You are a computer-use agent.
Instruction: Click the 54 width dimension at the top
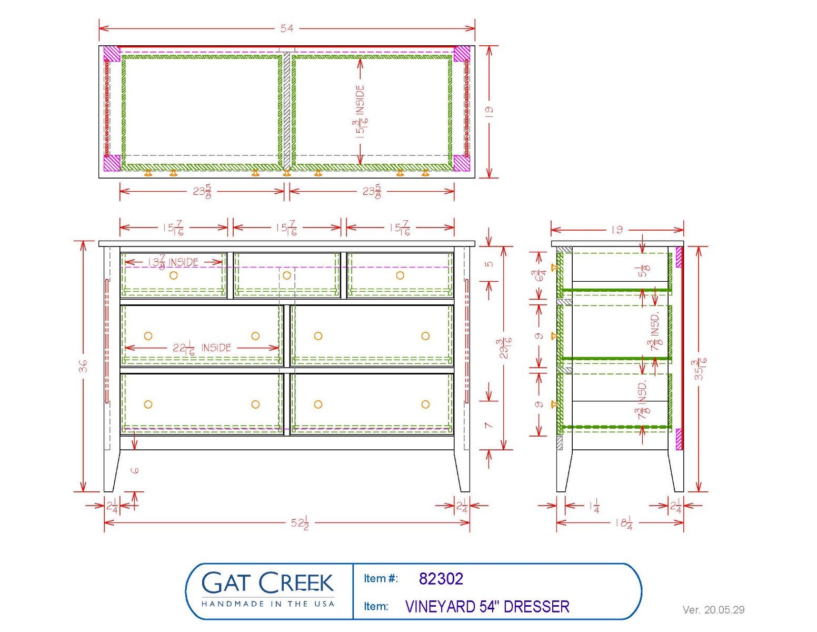[x=286, y=28]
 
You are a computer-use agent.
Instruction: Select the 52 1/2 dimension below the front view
[x=300, y=523]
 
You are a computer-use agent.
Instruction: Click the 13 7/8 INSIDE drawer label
[x=173, y=262]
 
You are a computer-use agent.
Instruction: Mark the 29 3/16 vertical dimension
[x=506, y=348]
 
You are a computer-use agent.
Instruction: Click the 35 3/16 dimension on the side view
[x=701, y=369]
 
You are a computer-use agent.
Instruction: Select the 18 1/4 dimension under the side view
[x=624, y=523]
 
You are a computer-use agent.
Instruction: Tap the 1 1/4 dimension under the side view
[x=594, y=506]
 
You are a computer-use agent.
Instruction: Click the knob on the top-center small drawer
[x=287, y=275]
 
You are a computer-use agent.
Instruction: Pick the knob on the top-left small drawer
[x=173, y=275]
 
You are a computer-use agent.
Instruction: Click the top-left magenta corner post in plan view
[x=112, y=54]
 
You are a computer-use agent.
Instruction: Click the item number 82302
[x=441, y=579]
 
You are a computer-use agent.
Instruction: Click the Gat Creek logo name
[x=268, y=582]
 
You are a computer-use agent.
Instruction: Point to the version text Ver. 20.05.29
[x=714, y=609]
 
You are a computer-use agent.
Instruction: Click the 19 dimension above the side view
[x=617, y=230]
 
